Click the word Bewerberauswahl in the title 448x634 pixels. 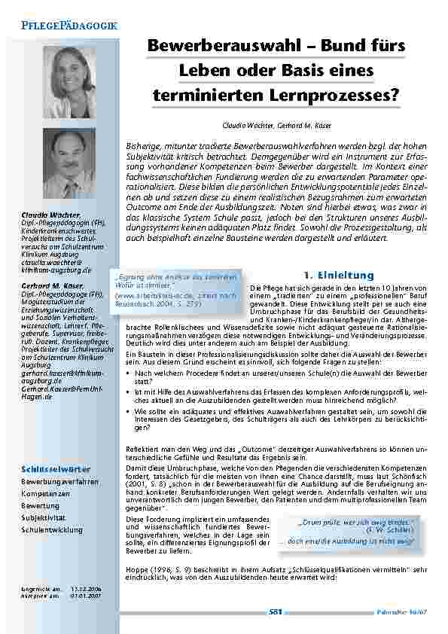[x=209, y=46]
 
